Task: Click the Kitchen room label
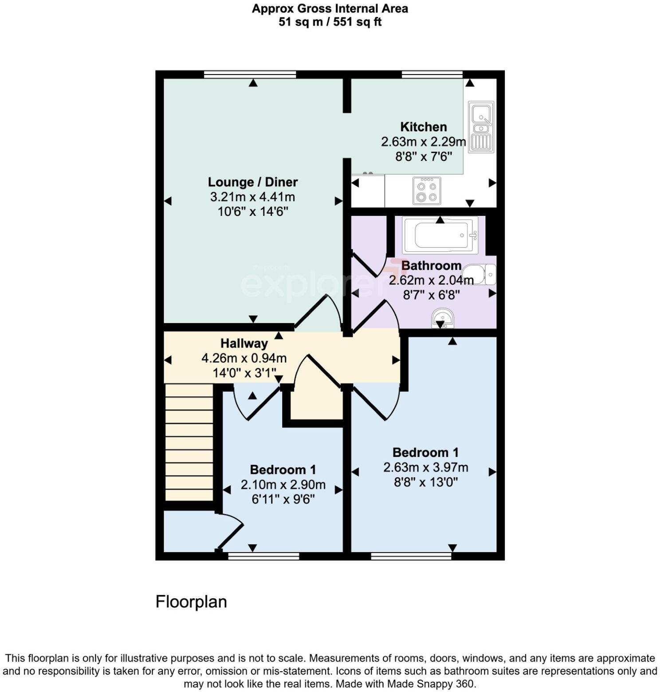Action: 423,127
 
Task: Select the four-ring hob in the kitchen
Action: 426,191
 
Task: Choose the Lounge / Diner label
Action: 253,182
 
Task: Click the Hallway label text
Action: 244,344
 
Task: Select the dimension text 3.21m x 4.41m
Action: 253,197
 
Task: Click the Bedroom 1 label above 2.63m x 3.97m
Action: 425,453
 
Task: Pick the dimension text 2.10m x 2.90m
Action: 283,485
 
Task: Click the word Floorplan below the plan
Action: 191,602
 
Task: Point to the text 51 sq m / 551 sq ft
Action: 330,22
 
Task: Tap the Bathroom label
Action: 431,266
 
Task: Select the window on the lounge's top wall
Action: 250,74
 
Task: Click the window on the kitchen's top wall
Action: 432,74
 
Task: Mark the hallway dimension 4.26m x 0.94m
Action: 244,358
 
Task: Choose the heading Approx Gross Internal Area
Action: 330,8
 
